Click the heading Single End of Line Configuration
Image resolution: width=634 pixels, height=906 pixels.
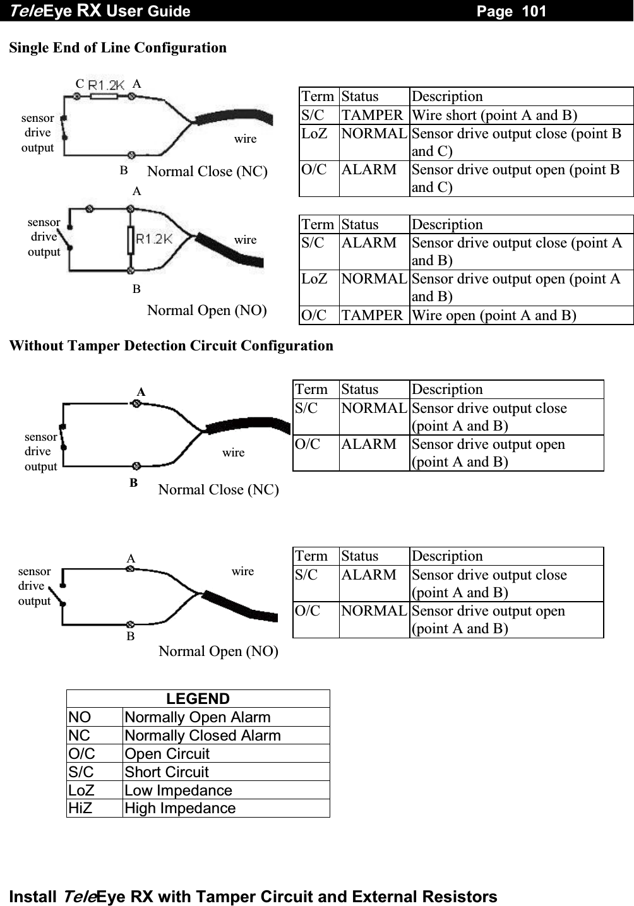click(118, 47)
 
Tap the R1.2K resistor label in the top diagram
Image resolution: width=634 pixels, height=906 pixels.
click(106, 84)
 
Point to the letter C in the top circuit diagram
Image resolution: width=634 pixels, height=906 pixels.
click(80, 83)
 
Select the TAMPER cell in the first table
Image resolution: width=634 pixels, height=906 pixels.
click(372, 115)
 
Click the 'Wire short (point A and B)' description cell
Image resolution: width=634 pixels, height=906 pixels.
click(494, 115)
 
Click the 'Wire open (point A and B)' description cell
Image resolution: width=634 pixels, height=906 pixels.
click(493, 315)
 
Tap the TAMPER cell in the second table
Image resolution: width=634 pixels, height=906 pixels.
click(372, 315)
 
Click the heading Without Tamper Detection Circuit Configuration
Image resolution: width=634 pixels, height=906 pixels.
click(171, 345)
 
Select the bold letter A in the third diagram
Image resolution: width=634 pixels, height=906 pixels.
click(141, 391)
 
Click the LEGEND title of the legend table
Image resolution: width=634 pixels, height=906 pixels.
click(198, 699)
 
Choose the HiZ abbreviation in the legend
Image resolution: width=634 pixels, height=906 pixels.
click(80, 808)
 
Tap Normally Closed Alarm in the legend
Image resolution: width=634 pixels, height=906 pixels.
click(203, 736)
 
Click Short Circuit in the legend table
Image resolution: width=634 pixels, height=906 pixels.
click(167, 772)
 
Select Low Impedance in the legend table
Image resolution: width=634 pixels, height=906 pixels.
click(179, 790)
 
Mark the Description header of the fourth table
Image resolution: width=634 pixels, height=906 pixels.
click(447, 556)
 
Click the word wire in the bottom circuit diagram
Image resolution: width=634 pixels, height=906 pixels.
click(242, 571)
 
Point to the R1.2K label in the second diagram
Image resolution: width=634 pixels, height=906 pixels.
click(154, 238)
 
